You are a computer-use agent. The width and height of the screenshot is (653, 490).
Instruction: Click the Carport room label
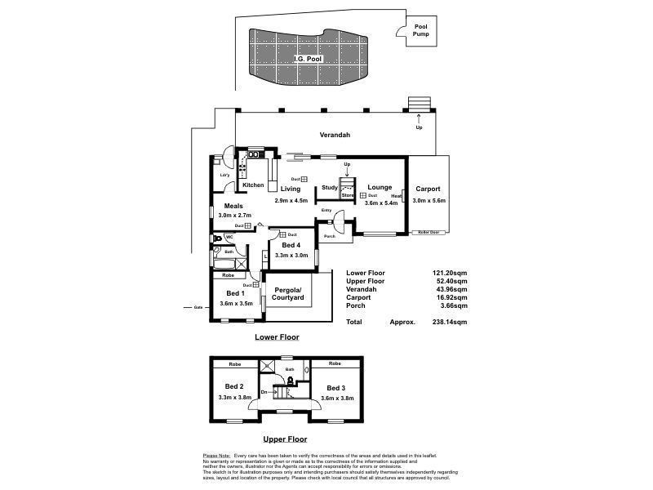427,189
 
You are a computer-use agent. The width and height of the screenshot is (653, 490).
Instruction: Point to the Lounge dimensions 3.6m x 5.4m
380,203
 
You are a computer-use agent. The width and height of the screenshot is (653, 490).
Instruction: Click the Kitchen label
252,185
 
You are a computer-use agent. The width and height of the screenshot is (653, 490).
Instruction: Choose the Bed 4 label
291,245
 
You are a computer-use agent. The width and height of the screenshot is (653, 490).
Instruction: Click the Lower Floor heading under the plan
277,336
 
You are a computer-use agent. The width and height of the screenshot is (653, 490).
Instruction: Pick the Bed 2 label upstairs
234,386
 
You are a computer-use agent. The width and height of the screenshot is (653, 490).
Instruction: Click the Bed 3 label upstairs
335,387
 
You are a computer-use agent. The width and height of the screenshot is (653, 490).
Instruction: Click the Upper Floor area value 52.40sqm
451,281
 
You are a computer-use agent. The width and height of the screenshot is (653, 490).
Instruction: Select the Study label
329,188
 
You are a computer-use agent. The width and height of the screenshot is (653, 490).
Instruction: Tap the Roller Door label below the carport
429,233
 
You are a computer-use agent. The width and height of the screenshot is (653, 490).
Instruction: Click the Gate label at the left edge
198,307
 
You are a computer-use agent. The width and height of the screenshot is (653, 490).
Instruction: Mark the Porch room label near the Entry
330,237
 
